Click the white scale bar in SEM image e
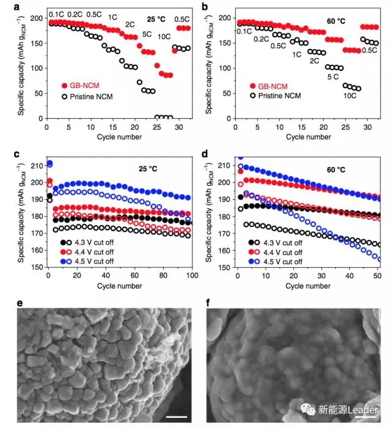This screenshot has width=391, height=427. coord(176,417)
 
